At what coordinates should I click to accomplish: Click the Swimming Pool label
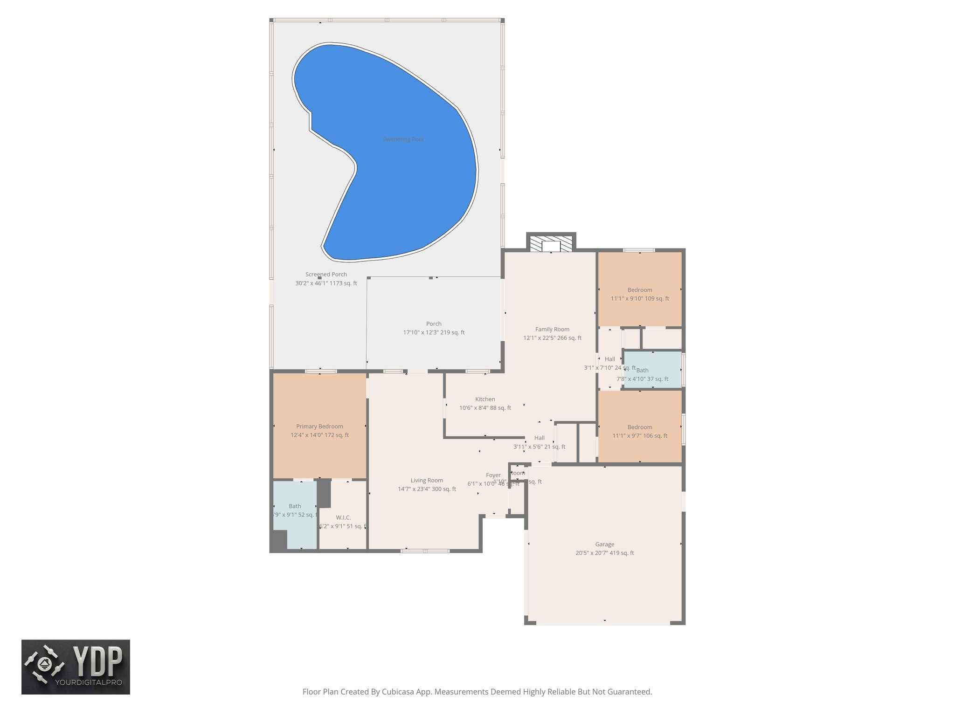(x=403, y=139)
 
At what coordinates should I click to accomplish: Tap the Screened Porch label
(x=326, y=275)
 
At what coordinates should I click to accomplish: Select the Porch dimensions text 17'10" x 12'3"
(x=434, y=332)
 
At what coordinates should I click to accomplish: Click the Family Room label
(x=552, y=329)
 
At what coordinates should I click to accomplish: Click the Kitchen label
(x=485, y=399)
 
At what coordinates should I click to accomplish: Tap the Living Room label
(x=427, y=480)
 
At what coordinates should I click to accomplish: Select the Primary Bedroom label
(x=319, y=426)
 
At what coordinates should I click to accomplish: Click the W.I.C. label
(x=343, y=517)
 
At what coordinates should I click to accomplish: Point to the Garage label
(x=604, y=544)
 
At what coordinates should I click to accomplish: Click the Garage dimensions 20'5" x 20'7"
(x=604, y=553)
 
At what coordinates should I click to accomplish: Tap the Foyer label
(x=493, y=475)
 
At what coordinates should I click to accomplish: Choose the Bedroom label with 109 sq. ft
(x=640, y=289)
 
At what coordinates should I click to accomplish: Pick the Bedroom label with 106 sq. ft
(x=640, y=427)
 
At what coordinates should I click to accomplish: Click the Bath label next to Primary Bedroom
(x=295, y=506)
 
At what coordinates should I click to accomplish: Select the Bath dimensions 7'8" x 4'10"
(x=642, y=379)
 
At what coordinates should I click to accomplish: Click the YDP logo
(x=76, y=667)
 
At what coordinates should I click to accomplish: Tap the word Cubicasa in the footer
(x=399, y=692)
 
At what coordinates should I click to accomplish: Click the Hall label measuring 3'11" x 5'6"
(x=539, y=438)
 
